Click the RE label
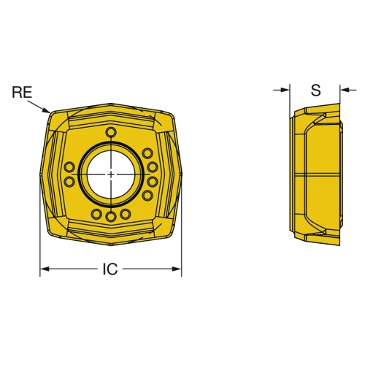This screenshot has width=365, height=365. pyautogui.click(x=22, y=93)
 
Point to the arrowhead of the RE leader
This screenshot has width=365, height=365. pyautogui.click(x=47, y=110)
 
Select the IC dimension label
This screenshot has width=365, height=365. pyautogui.click(x=110, y=269)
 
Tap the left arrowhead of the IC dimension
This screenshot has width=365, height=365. pyautogui.click(x=45, y=269)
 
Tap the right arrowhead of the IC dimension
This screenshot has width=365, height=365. pyautogui.click(x=177, y=269)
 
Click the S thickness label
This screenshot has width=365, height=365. pyautogui.click(x=316, y=90)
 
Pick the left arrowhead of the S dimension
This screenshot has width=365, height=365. pyautogui.click(x=285, y=90)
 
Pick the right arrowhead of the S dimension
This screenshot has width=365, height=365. pyautogui.click(x=345, y=90)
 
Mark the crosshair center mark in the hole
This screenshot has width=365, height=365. pyautogui.click(x=111, y=174)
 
